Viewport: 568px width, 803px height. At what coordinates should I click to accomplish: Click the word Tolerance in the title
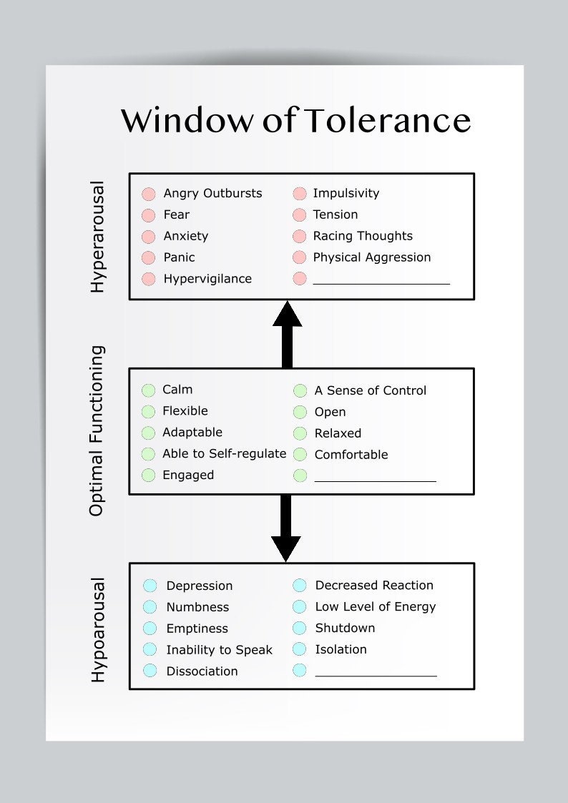coord(386,120)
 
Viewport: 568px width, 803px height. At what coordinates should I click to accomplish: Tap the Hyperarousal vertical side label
coord(97,237)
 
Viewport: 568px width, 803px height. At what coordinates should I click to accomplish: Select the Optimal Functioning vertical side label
coord(97,430)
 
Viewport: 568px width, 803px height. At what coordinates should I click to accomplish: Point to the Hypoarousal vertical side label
coord(98,629)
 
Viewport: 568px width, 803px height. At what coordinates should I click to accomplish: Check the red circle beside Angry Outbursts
coord(149,194)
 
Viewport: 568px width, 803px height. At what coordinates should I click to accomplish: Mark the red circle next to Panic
coord(149,257)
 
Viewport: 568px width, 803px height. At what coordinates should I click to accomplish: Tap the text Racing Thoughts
coord(363,236)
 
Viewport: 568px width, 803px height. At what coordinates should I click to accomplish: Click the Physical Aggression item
coord(372,257)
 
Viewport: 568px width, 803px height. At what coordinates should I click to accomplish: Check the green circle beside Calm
coord(148,390)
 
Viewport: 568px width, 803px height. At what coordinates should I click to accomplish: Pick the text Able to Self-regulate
coord(224,453)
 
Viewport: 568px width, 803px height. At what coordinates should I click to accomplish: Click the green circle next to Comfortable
coord(300,455)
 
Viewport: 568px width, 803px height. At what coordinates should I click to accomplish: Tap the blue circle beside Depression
coord(150,586)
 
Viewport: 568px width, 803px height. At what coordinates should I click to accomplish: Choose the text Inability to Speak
coord(219,650)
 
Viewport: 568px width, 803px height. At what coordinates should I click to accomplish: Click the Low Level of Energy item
coord(375,606)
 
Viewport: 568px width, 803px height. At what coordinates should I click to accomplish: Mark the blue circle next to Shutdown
coord(300,628)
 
